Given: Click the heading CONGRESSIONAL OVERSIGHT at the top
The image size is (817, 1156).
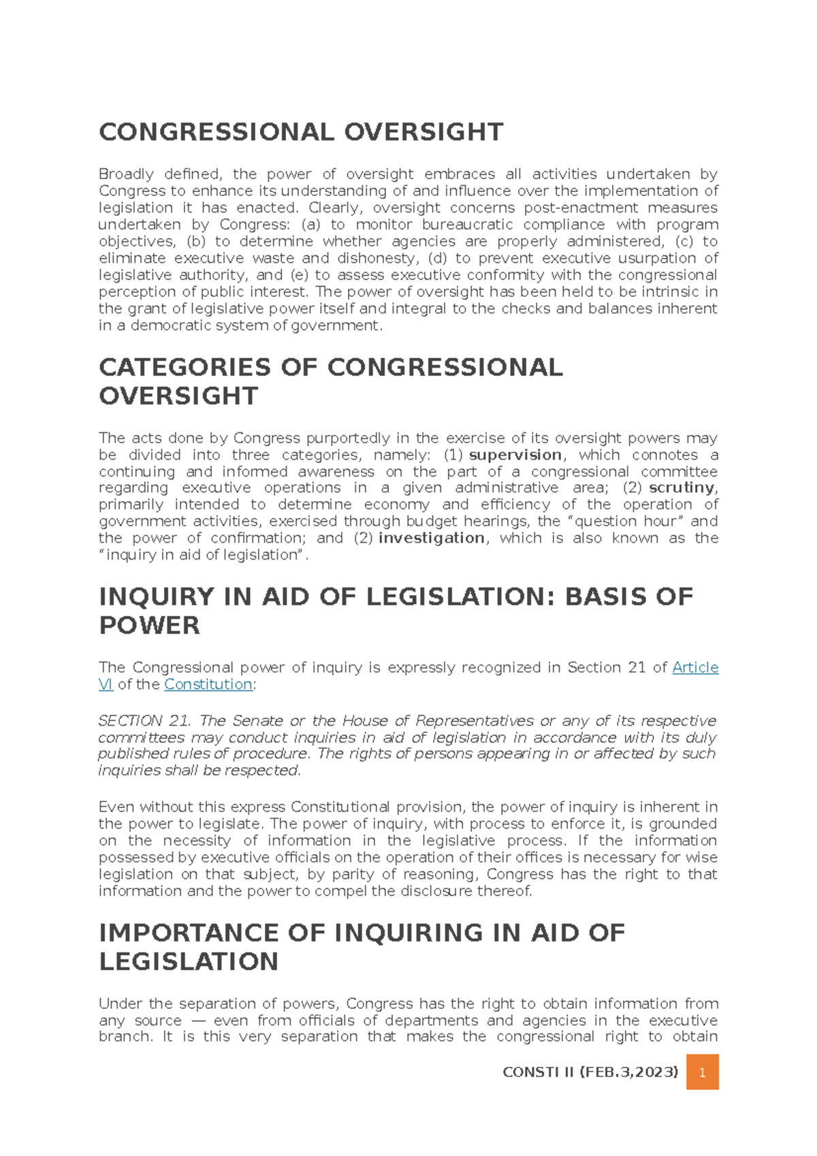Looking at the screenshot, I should [301, 132].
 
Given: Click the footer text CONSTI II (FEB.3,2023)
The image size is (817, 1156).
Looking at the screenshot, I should [590, 1072].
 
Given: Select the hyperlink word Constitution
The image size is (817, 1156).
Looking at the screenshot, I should [208, 684].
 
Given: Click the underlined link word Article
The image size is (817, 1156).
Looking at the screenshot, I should [695, 667].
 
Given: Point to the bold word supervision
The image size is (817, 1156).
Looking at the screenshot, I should [515, 455].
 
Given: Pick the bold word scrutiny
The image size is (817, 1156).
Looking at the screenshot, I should [682, 487].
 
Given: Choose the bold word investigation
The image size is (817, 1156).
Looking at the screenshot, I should [432, 538].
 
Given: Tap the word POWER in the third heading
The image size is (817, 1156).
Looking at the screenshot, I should [149, 625].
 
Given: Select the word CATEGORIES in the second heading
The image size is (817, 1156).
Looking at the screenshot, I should [185, 368].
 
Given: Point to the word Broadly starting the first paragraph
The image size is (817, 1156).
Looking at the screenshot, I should [126, 174].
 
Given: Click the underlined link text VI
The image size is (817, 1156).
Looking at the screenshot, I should [106, 684].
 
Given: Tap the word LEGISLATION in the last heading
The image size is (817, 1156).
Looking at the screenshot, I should [189, 961].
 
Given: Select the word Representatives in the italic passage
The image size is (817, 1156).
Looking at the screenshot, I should [475, 720].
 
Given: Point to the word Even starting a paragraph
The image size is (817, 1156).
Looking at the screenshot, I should [116, 807].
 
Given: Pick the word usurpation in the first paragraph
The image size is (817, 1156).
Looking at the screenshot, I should [658, 258].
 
